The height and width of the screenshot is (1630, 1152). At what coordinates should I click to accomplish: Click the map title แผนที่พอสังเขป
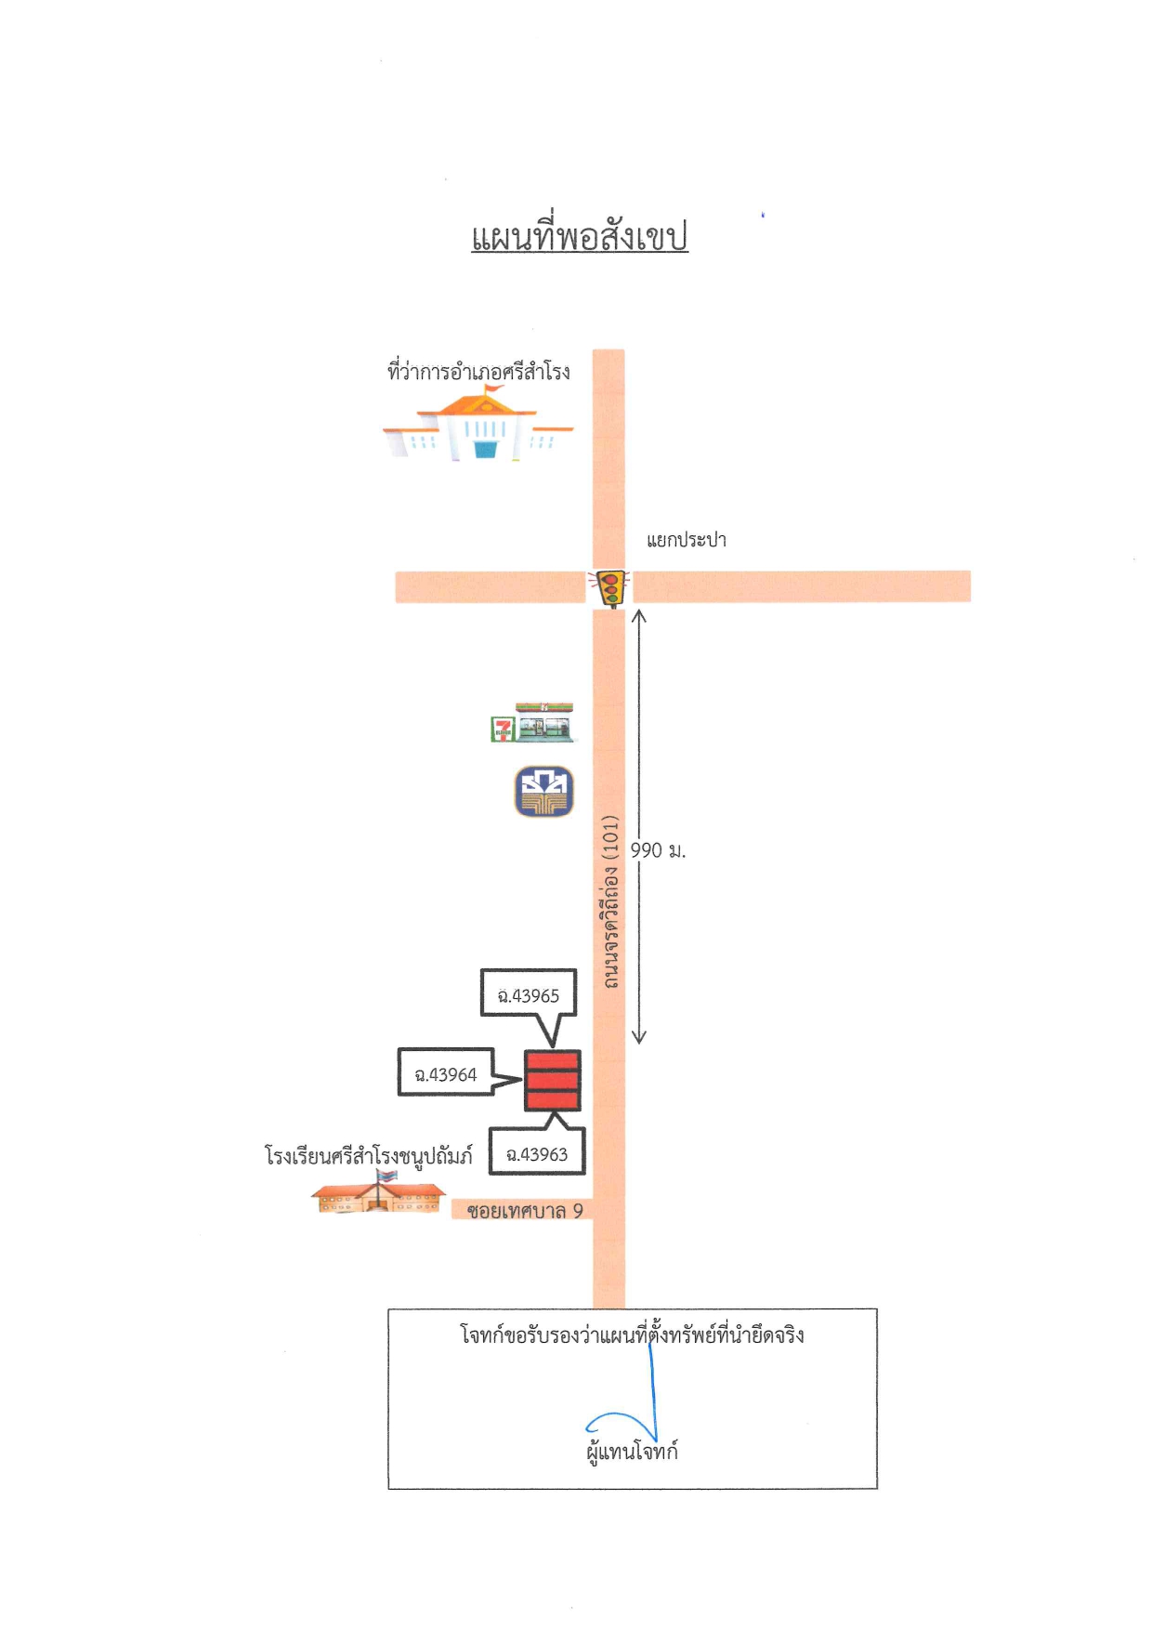[x=579, y=237]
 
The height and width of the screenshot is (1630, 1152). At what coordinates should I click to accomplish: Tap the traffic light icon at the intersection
[x=610, y=588]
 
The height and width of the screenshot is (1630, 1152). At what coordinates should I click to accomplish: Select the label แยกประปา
[x=687, y=540]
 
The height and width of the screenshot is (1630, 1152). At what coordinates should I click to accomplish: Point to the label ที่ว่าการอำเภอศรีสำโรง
[x=478, y=372]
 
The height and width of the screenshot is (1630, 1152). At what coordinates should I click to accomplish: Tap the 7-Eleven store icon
[x=532, y=723]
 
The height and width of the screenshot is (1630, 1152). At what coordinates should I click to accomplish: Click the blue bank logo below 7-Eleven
[x=544, y=792]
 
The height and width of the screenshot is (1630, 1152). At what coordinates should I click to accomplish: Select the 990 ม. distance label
[x=658, y=850]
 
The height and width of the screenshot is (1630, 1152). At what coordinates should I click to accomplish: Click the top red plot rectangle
[x=553, y=1060]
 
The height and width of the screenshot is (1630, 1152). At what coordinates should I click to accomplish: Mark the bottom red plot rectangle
[x=553, y=1100]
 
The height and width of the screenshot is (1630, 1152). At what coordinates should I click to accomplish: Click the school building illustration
[x=378, y=1191]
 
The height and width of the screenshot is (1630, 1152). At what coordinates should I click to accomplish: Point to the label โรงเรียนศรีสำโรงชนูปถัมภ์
[x=369, y=1156]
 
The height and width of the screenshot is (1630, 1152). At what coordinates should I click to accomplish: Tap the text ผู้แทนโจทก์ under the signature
[x=633, y=1451]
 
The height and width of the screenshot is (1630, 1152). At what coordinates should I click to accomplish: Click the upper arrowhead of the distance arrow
[x=639, y=615]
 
